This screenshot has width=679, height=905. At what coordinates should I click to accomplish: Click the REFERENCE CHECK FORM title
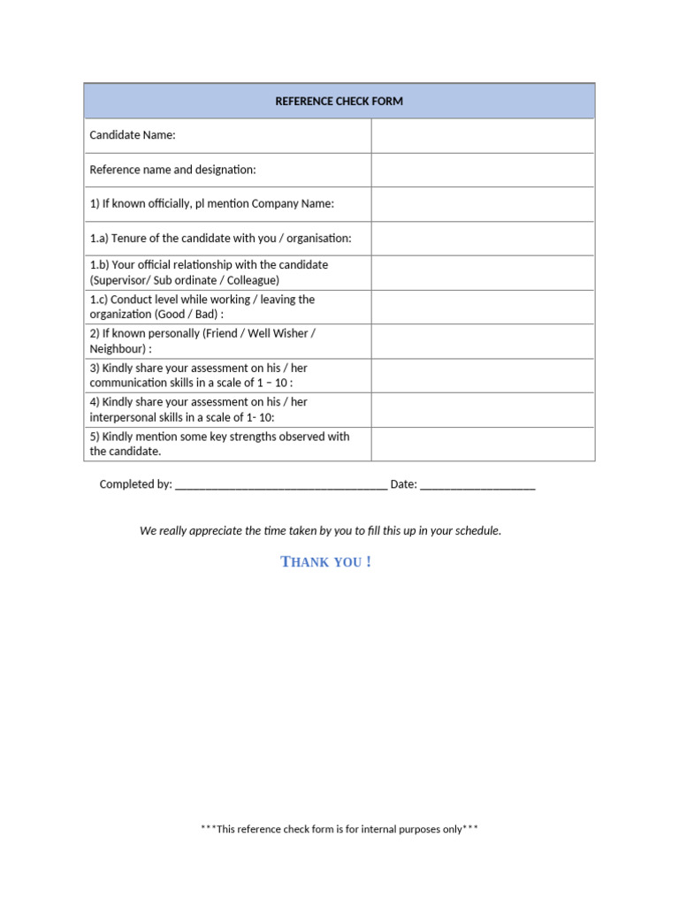tap(339, 102)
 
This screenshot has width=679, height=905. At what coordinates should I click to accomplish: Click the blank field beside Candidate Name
tap(483, 135)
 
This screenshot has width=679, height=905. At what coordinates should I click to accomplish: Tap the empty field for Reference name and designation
tap(483, 170)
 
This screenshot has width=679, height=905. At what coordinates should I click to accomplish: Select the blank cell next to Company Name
tap(483, 204)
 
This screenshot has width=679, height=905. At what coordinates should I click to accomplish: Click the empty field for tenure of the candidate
tap(483, 239)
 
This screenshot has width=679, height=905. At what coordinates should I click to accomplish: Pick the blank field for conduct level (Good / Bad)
tap(483, 307)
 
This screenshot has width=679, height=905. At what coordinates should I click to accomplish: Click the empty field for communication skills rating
tap(483, 376)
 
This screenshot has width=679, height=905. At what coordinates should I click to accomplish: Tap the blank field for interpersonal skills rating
tap(483, 410)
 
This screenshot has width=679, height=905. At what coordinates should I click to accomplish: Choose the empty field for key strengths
tap(483, 445)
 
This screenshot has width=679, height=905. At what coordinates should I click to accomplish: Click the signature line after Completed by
tap(281, 485)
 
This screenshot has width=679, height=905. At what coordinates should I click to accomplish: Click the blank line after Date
tap(477, 485)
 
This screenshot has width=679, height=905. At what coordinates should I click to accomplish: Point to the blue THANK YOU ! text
tap(325, 562)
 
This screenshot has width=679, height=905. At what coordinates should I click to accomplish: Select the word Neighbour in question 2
tap(118, 349)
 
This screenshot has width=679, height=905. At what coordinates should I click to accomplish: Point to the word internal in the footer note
tap(376, 830)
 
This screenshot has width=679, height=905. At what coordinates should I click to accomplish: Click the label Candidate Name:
tap(133, 135)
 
